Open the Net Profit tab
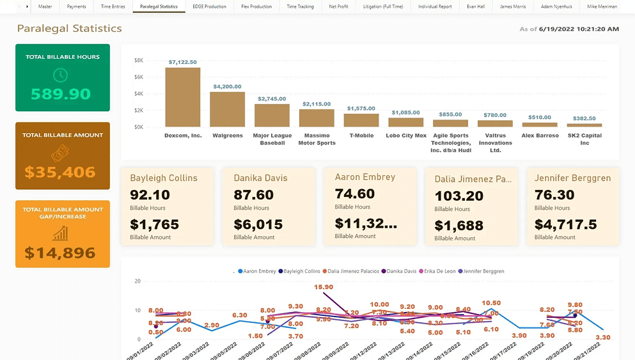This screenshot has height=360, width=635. click(338, 6)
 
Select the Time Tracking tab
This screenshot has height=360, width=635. click(300, 6)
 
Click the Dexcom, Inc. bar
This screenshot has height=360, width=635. click(182, 97)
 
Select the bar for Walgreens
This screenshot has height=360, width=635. click(227, 109)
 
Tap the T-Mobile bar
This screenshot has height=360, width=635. click(361, 120)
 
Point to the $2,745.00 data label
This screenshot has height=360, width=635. click(272, 99)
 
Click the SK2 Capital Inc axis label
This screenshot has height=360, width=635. click(584, 139)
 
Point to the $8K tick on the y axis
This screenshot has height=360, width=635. click(139, 60)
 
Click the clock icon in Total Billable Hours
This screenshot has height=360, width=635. click(60, 75)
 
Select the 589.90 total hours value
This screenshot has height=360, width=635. click(61, 95)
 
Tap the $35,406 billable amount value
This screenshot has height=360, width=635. click(60, 172)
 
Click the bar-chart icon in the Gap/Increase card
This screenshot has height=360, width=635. click(61, 233)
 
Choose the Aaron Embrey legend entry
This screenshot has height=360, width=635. click(257, 271)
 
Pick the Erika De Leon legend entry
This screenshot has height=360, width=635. click(439, 271)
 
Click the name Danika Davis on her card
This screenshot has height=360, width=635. click(260, 178)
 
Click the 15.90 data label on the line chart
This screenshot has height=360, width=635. click(324, 287)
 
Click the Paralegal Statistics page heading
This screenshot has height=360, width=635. click(69, 29)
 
